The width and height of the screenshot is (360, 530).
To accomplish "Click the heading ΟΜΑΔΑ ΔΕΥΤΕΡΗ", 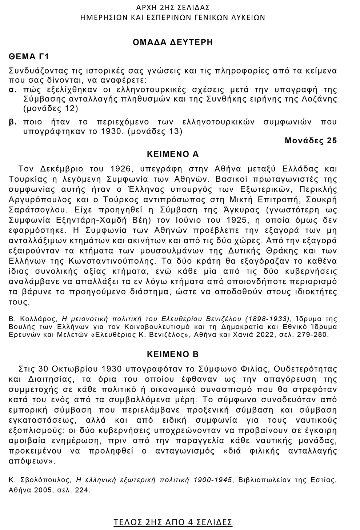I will [172, 42].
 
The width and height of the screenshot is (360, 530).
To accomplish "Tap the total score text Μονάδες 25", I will [311, 141].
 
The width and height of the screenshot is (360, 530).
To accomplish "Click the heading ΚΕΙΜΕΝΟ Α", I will [172, 154].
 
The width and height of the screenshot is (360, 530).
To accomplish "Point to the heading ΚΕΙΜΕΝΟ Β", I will [172, 354].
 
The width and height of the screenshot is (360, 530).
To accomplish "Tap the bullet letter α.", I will [12, 89].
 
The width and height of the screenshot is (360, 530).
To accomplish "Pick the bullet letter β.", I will [12, 122].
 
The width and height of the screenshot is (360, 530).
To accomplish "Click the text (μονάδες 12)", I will [50, 108].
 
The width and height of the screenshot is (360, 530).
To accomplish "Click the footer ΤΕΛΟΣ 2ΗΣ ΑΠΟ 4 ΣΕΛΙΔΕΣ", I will [173, 522].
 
